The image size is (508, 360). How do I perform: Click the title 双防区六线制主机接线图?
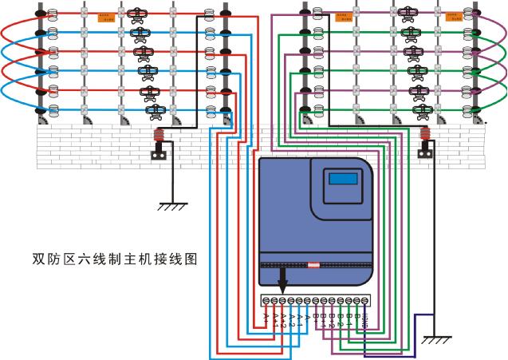click(x=114, y=259)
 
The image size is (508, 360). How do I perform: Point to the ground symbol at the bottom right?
click(x=435, y=338)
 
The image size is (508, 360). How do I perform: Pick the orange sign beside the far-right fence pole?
click(x=455, y=16)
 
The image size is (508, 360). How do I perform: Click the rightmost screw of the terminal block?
click(x=364, y=301)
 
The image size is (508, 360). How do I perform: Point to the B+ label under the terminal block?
click(x=316, y=318)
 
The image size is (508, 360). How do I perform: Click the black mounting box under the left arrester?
click(x=159, y=152)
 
